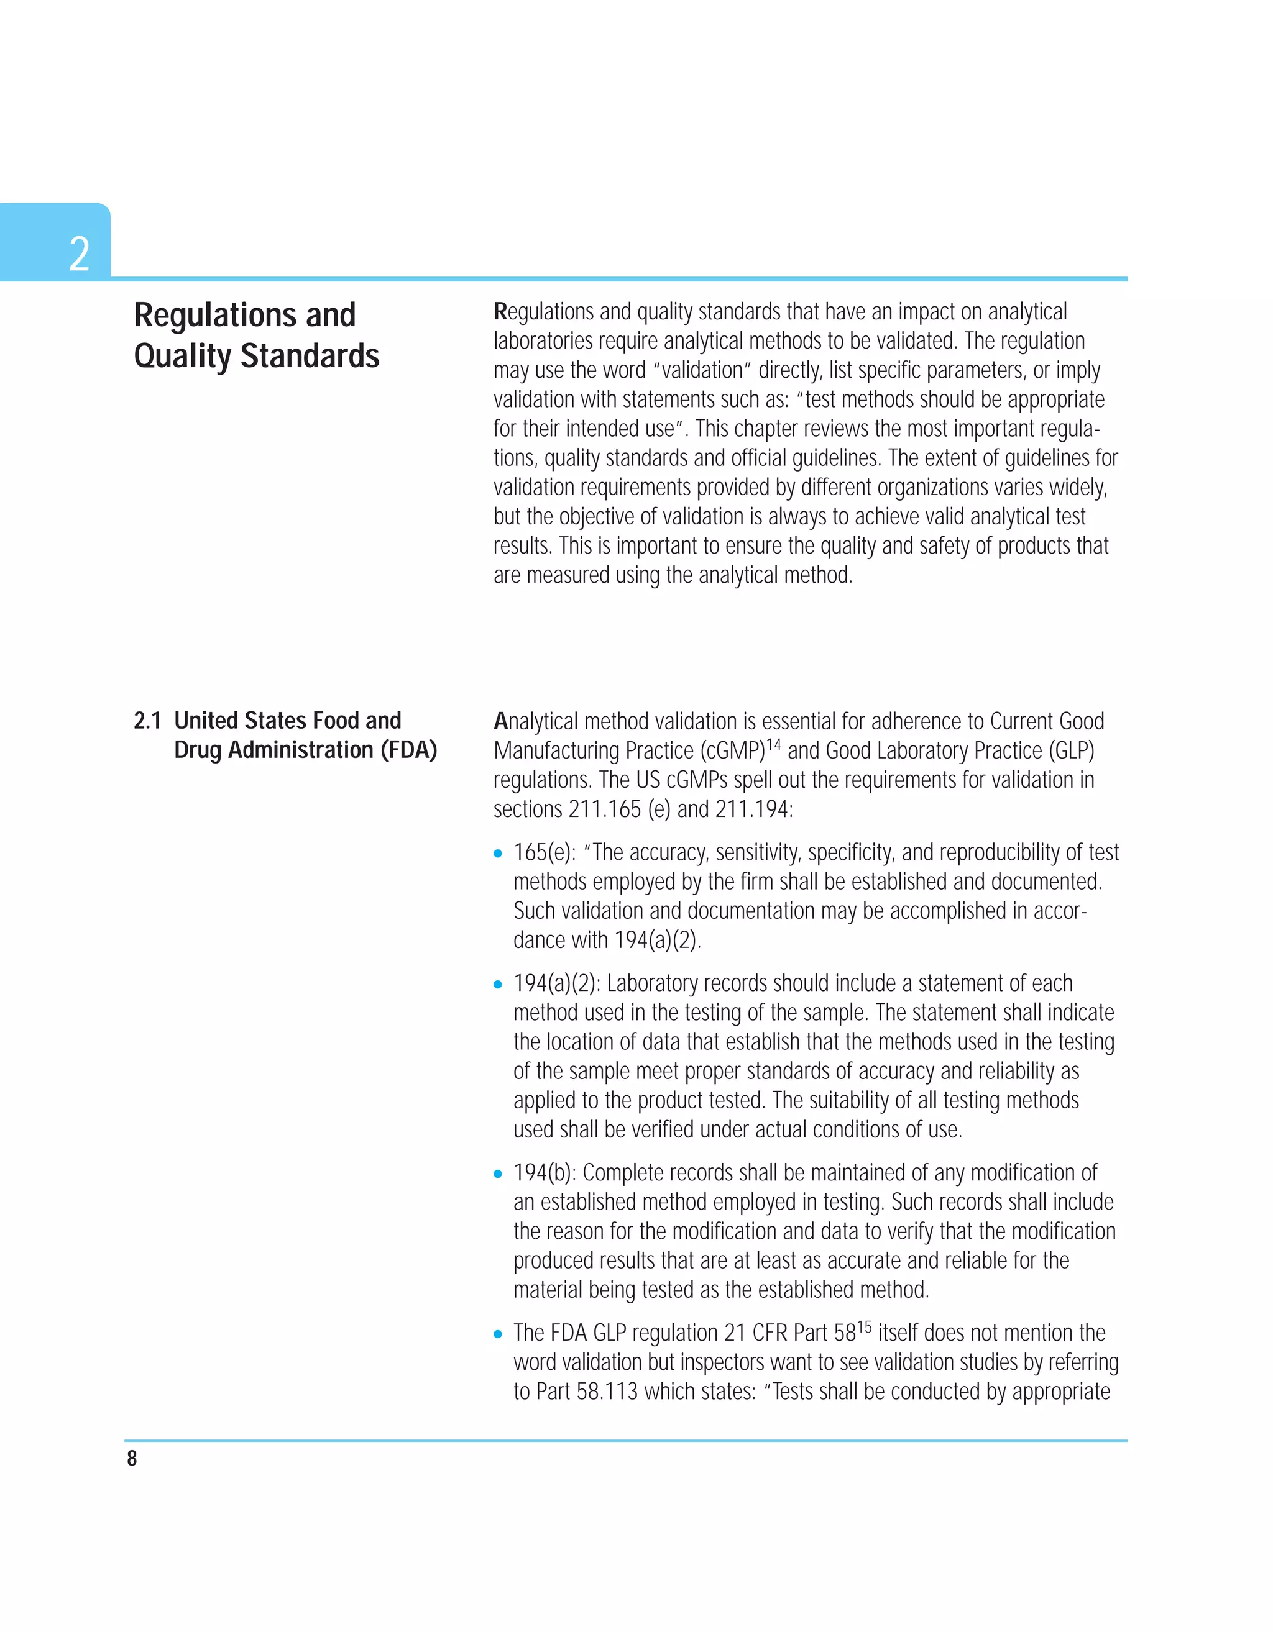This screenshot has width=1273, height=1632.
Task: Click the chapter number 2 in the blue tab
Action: coord(79,253)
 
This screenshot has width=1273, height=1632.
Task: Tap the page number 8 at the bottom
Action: coord(132,1459)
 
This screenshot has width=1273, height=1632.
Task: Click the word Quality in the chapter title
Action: coord(182,357)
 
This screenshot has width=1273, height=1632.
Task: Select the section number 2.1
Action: coord(147,721)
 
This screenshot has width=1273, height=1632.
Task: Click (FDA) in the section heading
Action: coord(408,750)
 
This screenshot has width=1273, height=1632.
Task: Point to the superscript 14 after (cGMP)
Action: coord(773,744)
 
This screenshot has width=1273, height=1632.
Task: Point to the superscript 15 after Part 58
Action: coord(864,1327)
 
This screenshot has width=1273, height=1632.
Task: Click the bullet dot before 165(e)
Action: coord(498,854)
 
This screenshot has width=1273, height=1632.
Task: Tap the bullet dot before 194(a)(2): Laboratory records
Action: coord(498,984)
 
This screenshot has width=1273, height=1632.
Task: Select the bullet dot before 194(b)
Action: coord(498,1174)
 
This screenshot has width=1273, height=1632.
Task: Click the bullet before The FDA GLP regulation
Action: coord(498,1334)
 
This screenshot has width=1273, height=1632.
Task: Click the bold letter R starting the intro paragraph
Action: coord(500,312)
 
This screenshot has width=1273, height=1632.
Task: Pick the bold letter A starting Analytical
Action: coord(501,722)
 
